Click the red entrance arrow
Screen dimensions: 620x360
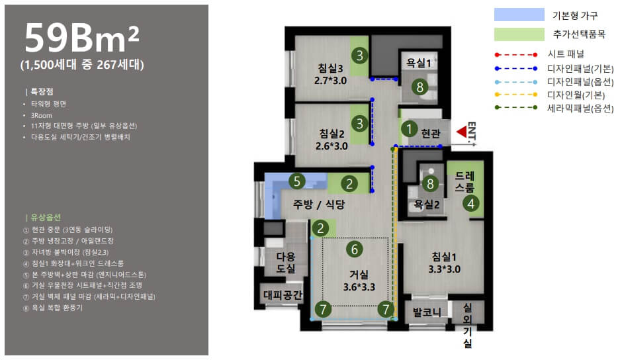click(461, 132)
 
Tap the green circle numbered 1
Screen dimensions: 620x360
click(409, 128)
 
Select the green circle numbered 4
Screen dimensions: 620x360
click(471, 204)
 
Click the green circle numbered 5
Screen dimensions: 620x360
click(297, 181)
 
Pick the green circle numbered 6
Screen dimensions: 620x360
click(354, 249)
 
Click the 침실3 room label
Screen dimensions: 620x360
click(330, 68)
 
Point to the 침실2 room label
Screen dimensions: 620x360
click(332, 134)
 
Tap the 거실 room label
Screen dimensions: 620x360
click(359, 274)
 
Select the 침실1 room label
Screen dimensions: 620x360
click(444, 257)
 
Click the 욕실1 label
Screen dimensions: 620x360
click(418, 63)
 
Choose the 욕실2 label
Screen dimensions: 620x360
click(426, 204)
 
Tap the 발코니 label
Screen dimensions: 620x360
click(427, 312)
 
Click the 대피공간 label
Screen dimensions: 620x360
click(283, 294)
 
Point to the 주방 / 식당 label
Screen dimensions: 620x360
click(319, 204)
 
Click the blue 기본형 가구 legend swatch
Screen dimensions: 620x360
click(519, 15)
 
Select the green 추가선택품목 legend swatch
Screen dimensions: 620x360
click(519, 34)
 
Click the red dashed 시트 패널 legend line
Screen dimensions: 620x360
click(516, 54)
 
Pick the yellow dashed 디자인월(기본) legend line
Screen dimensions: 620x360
click(516, 95)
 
